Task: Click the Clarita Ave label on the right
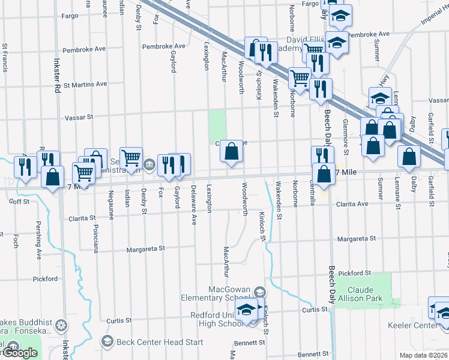351,204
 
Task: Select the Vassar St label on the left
79,118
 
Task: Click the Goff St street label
19,202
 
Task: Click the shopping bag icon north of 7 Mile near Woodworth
231,152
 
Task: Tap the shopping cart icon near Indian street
131,158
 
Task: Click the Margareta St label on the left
145,248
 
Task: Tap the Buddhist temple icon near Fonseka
61,326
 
